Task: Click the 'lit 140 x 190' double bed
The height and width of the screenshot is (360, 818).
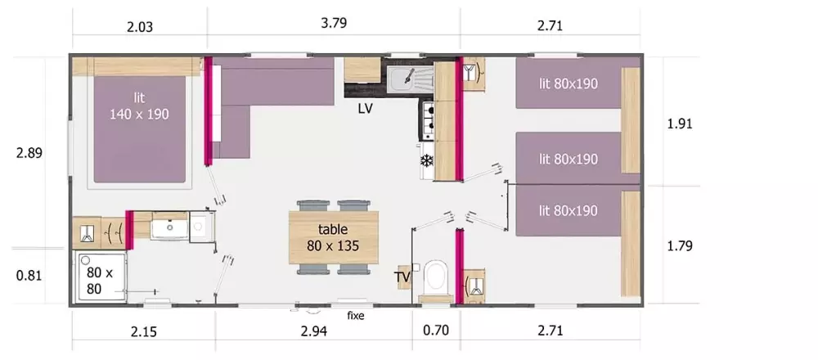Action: coord(139,129)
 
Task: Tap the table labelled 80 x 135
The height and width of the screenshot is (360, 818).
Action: coord(334,237)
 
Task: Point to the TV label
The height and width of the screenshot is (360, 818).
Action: coord(402,277)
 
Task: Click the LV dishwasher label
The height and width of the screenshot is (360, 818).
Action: coord(365,109)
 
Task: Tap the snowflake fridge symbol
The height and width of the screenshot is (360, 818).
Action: coord(427,160)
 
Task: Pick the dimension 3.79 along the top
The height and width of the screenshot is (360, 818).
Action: coord(334,24)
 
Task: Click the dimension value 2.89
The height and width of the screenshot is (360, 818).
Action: coord(29,153)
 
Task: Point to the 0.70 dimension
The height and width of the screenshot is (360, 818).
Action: coord(435,331)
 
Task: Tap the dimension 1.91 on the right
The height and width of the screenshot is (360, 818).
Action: coord(680,124)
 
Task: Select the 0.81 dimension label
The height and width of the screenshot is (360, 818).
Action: coord(29,276)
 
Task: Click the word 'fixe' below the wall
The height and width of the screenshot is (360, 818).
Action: coord(356,316)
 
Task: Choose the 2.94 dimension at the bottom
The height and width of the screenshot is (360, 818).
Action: coord(314,331)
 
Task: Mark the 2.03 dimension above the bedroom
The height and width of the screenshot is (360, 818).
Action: coord(140,27)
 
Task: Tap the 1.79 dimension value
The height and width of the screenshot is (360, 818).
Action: coord(680,245)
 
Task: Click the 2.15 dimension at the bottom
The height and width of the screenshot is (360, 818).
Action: coord(143,332)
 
